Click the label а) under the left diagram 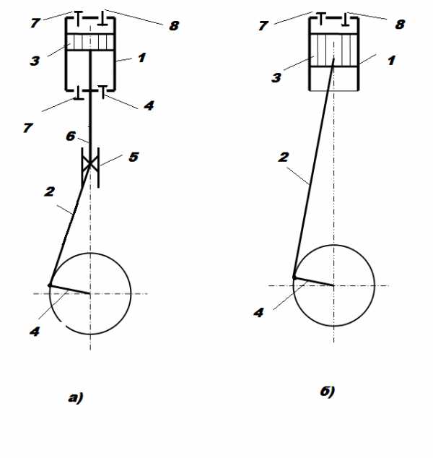click(x=76, y=398)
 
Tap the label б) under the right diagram click(x=328, y=392)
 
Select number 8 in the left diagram click(x=174, y=26)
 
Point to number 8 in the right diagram click(x=400, y=25)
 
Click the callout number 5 click(x=134, y=157)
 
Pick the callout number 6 click(x=71, y=136)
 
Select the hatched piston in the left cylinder click(x=90, y=43)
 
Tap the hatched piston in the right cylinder click(x=334, y=50)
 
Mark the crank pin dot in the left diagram click(x=50, y=285)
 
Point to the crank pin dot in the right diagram click(x=294, y=277)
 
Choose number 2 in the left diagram click(x=49, y=192)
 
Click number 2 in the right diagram click(x=284, y=157)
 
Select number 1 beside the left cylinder click(x=141, y=58)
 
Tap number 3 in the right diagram click(x=276, y=78)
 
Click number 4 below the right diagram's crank click(x=258, y=313)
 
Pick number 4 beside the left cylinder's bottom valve click(x=149, y=105)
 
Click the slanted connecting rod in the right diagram click(x=314, y=168)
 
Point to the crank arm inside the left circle click(x=70, y=290)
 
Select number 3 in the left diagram click(x=35, y=61)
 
